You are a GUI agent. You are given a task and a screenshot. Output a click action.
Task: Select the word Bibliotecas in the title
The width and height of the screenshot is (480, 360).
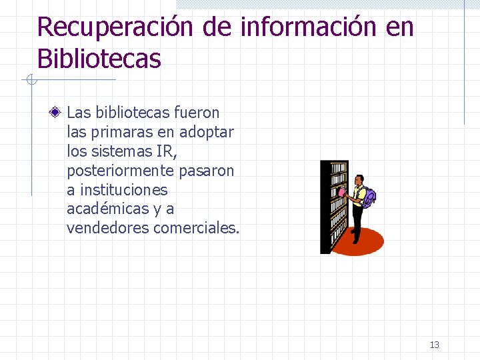(99, 59)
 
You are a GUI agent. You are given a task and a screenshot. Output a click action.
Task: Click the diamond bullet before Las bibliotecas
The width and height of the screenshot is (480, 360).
(59, 113)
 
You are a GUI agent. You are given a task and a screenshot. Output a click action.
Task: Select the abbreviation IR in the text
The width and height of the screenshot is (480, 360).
(165, 151)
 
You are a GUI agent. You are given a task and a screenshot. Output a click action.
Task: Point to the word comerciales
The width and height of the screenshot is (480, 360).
(196, 229)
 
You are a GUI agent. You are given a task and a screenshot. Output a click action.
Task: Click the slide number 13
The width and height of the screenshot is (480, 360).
(435, 345)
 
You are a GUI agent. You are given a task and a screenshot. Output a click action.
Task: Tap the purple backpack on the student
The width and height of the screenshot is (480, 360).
(369, 197)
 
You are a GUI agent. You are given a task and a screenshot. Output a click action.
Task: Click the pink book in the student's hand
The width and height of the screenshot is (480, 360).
(343, 192)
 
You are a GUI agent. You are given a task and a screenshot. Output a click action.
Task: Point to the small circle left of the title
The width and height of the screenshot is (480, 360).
(29, 81)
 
